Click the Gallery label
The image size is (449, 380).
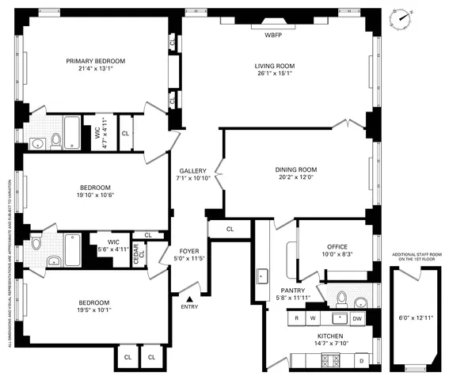coord(192,170)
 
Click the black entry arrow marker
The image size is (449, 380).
coord(190,298)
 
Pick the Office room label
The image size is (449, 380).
coord(333,246)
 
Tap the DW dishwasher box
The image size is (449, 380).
coord(358,318)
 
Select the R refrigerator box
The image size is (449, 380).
coord(296,318)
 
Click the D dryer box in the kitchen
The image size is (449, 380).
coord(361,361)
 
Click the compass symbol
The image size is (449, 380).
coord(404,17)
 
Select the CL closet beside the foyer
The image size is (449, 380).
coord(230,230)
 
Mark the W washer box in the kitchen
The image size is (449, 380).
coord(313,318)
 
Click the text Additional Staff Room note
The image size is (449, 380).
coord(416,257)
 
